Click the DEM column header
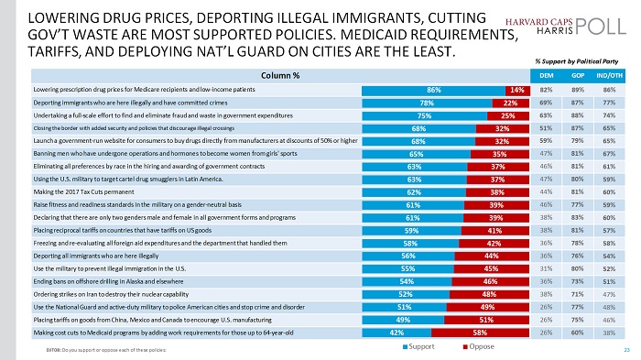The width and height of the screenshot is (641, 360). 546,75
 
